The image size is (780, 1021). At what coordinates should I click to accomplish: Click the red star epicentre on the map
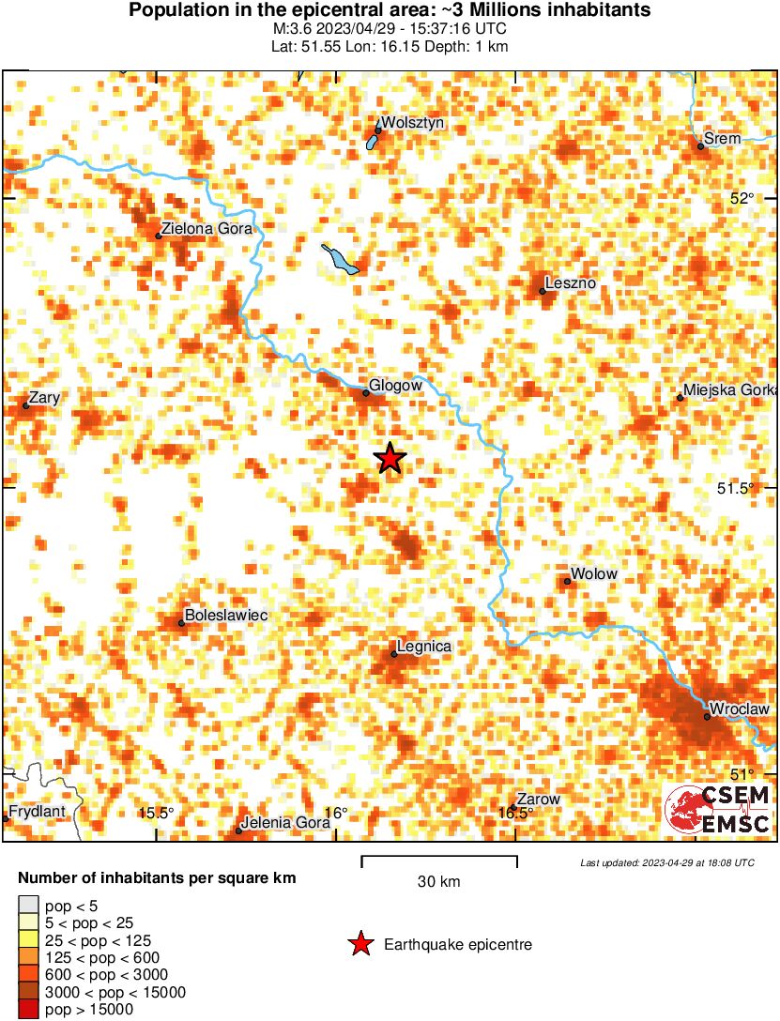point(390,458)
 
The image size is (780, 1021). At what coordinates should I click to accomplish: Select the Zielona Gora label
point(207,228)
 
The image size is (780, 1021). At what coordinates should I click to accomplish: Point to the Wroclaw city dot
point(707,717)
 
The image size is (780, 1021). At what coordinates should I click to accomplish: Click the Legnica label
point(424,647)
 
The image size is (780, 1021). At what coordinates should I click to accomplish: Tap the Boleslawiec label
point(226,615)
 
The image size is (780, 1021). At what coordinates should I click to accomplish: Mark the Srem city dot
point(700,146)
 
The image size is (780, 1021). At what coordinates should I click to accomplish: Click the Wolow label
point(594,573)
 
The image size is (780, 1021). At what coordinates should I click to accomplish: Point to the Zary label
point(44,398)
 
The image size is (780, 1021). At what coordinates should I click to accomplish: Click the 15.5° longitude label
point(156,813)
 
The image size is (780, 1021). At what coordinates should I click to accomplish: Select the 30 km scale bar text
point(438,882)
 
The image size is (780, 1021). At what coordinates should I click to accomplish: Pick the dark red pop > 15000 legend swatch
point(28,1010)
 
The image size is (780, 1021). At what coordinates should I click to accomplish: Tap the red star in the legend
point(359,945)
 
